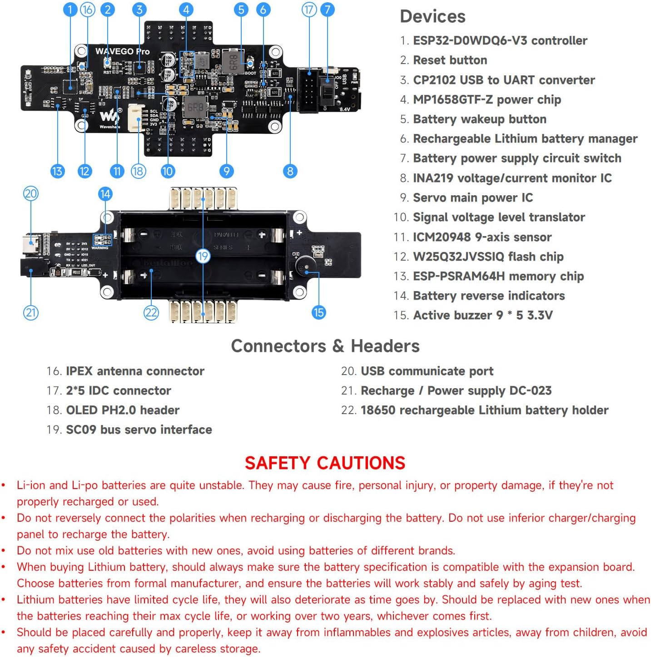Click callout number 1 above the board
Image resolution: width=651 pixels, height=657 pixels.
point(70,10)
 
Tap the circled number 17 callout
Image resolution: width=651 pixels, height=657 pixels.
point(309,10)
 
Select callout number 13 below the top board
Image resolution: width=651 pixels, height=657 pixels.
point(57,171)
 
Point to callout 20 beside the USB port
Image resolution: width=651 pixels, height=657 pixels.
point(30,194)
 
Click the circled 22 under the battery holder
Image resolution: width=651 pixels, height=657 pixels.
point(151,312)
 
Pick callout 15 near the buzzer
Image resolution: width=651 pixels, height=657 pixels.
point(318,312)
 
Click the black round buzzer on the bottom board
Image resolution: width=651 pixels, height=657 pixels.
point(306,266)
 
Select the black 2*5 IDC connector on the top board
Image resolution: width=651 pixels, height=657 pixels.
point(308,90)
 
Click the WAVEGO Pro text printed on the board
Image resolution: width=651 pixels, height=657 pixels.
point(122,51)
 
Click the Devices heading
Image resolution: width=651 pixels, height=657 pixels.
point(432,17)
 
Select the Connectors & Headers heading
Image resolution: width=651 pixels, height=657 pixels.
point(325,346)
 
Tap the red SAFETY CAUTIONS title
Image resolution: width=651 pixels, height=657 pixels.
point(325,463)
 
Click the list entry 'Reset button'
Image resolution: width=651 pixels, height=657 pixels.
point(450,60)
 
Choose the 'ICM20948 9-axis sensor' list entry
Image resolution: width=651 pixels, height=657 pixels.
point(482,237)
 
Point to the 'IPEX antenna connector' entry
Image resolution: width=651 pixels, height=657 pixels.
point(135,371)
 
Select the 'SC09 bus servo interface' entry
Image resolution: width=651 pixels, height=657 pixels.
point(139,430)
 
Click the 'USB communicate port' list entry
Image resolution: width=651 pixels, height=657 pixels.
point(427,371)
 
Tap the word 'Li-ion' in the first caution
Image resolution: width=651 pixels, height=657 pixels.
point(30,485)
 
